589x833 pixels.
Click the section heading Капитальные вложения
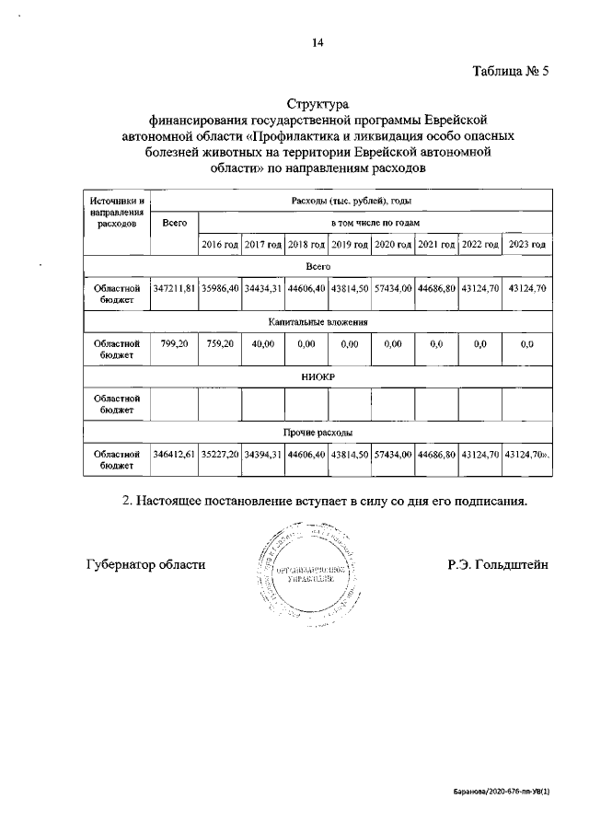click(318, 322)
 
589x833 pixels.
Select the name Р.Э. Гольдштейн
click(498, 564)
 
